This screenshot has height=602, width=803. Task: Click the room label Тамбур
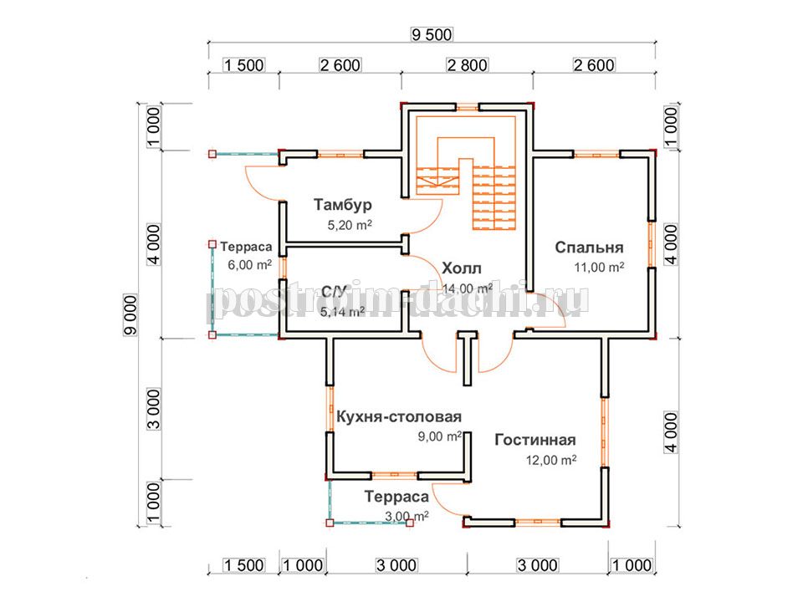click(x=343, y=205)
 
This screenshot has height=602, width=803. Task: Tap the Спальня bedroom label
click(x=589, y=247)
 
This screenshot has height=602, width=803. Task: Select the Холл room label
click(x=462, y=268)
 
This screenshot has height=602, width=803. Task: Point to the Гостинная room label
click(x=535, y=440)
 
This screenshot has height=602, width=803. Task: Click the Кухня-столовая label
click(x=399, y=416)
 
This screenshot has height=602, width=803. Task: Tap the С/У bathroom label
click(x=334, y=292)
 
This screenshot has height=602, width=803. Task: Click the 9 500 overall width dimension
click(x=432, y=35)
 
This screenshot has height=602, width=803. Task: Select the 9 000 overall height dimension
click(x=130, y=315)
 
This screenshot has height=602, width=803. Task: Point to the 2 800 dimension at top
click(x=467, y=65)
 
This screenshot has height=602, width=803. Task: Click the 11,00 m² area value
click(x=599, y=267)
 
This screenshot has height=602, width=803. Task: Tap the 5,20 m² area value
click(x=350, y=225)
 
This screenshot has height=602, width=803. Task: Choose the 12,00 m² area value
click(x=551, y=460)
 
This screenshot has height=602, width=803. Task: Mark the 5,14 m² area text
click(x=343, y=312)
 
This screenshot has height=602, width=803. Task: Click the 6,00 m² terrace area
click(x=249, y=265)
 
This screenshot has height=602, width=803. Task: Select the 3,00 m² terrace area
click(x=407, y=517)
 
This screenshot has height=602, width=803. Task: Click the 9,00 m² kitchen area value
click(x=440, y=436)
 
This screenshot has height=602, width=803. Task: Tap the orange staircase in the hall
click(x=466, y=172)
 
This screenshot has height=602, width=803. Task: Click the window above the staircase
click(x=468, y=107)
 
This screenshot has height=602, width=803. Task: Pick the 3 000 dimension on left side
click(x=154, y=409)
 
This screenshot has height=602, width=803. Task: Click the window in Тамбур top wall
click(x=340, y=154)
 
